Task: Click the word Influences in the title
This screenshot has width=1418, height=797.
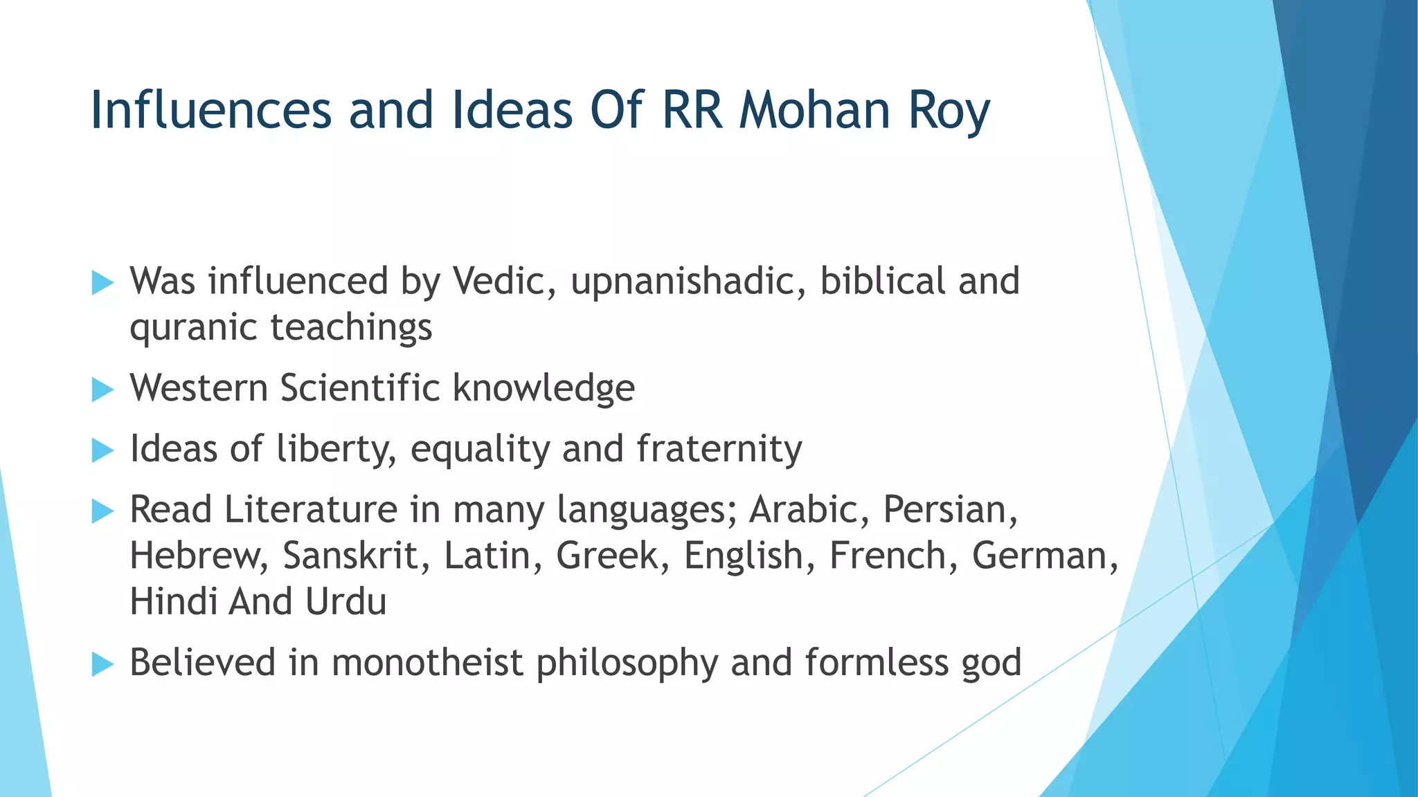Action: click(211, 111)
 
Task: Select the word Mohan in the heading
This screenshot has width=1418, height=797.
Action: click(814, 111)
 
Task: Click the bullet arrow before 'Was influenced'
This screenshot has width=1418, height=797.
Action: click(102, 283)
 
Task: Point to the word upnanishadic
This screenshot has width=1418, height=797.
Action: click(688, 282)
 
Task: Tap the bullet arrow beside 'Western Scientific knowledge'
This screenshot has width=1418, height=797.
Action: click(102, 390)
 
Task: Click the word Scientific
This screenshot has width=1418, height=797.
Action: click(360, 387)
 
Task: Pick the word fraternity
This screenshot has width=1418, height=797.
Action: click(719, 448)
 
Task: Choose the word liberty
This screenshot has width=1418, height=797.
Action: click(336, 448)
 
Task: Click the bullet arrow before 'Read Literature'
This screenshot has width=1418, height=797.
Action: click(102, 512)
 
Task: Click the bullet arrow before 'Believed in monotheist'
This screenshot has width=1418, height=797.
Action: click(102, 665)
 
